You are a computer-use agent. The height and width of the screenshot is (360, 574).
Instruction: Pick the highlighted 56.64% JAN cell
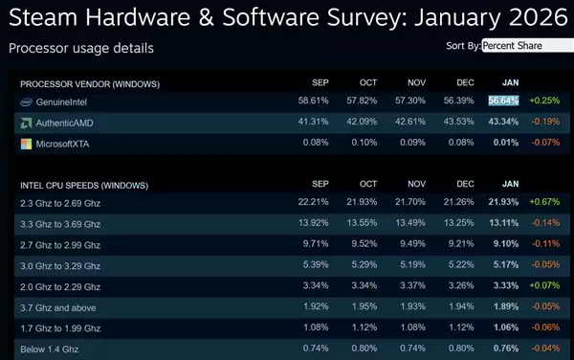pyautogui.click(x=503, y=101)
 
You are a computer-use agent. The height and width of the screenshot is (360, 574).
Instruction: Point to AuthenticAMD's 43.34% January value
pyautogui.click(x=503, y=123)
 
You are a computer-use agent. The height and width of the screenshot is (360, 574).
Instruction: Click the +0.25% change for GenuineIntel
pyautogui.click(x=546, y=101)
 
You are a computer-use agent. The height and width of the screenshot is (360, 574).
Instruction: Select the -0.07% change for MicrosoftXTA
pyautogui.click(x=546, y=144)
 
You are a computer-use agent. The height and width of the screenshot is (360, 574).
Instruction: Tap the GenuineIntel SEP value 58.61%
pyautogui.click(x=314, y=101)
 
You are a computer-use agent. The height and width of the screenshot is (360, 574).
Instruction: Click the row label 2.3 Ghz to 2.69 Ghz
pyautogui.click(x=60, y=203)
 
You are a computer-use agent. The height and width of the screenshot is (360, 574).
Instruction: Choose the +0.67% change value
pyautogui.click(x=546, y=203)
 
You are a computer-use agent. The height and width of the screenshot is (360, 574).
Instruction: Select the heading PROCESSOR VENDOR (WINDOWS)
pyautogui.click(x=90, y=82)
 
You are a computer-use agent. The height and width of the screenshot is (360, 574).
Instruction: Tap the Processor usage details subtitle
pyautogui.click(x=80, y=47)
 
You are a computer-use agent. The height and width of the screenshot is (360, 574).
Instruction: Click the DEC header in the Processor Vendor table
pyautogui.click(x=465, y=82)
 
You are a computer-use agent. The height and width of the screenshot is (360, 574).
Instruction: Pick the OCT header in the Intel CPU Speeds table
pyautogui.click(x=368, y=184)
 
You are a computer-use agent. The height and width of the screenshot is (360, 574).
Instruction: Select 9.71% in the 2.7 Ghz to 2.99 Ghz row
pyautogui.click(x=314, y=244)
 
